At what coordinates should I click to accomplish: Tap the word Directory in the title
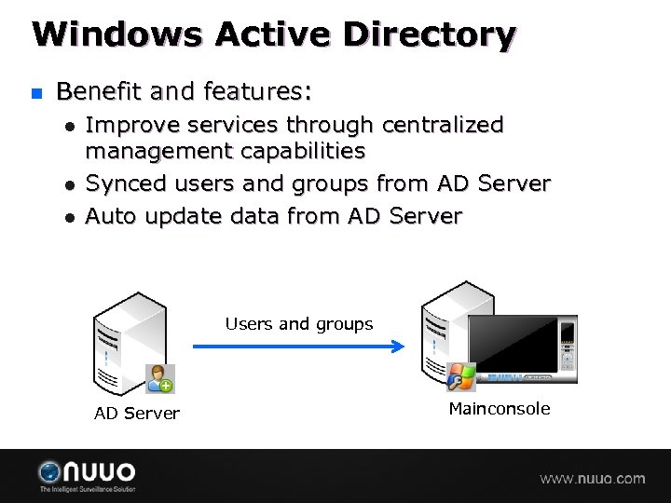(429, 34)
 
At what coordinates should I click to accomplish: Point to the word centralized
(443, 125)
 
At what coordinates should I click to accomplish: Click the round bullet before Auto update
(68, 217)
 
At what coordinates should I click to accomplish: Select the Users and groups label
(298, 324)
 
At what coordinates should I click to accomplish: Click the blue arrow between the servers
(298, 347)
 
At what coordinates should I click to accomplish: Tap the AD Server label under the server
(136, 414)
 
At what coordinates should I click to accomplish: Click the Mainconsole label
(499, 409)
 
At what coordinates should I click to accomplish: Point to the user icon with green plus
(159, 378)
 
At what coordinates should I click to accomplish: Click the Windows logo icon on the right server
(461, 376)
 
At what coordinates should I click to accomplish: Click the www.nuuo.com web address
(592, 479)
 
